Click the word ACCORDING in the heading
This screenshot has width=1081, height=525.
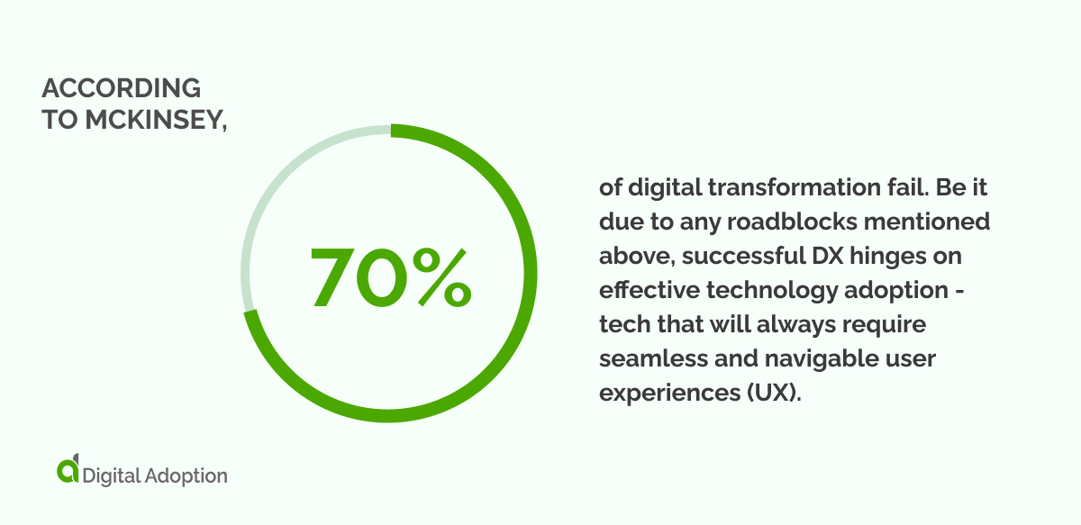[121, 88]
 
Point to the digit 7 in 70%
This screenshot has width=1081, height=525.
[337, 275]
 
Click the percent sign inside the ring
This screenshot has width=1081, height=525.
[437, 275]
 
